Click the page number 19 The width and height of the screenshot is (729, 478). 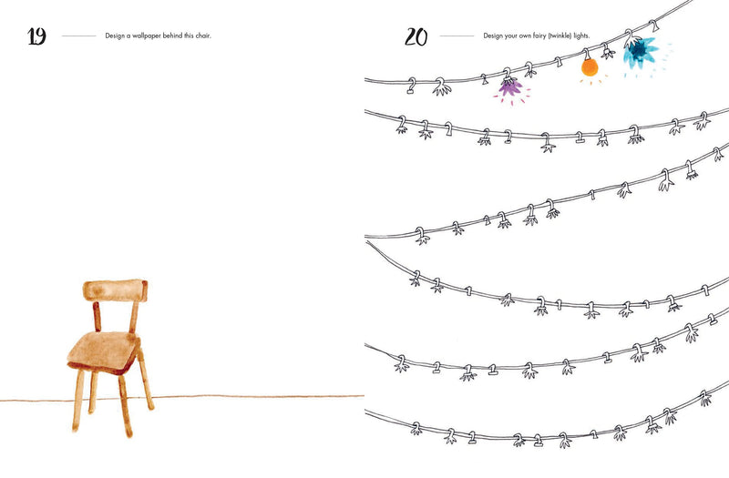pos(36,36)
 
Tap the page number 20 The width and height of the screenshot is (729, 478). pos(416,36)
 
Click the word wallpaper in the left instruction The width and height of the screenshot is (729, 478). pos(146,36)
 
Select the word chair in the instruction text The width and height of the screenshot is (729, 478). pos(202,36)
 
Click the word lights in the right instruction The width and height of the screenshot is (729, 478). pos(581,36)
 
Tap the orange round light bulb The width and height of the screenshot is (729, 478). pos(590,67)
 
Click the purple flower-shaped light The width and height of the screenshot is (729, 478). pos(510,86)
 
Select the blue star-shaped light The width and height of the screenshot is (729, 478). pos(641,52)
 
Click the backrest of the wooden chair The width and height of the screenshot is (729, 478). pos(116,290)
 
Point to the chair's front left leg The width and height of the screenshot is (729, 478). pos(78,401)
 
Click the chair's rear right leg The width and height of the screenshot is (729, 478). pos(146,381)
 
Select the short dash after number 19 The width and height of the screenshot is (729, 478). pos(78,36)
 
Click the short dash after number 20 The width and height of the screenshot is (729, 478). pos(457,36)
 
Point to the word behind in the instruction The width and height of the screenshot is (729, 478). pos(172,36)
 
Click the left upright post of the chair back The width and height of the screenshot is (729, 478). pos(97,316)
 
